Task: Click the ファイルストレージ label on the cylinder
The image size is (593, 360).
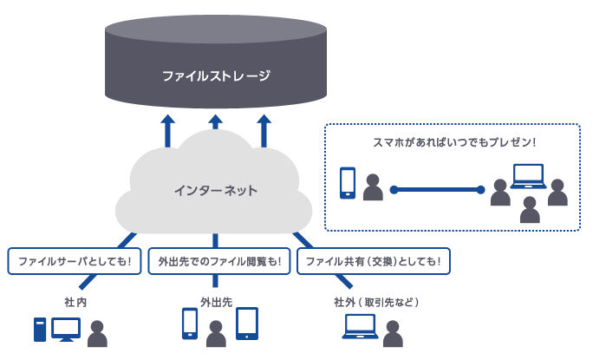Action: [217, 75]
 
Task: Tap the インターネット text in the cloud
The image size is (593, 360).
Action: [216, 190]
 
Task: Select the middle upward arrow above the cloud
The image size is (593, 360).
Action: [216, 122]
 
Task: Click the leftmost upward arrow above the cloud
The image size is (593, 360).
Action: [167, 131]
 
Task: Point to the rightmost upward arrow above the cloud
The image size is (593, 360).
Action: [264, 131]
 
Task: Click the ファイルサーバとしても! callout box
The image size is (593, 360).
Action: [75, 261]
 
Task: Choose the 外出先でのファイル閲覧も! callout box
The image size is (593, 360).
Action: [219, 261]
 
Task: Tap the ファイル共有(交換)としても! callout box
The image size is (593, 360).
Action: [374, 261]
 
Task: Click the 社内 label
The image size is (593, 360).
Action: [75, 302]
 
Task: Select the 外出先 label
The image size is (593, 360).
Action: [217, 302]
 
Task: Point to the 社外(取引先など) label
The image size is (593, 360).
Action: [376, 302]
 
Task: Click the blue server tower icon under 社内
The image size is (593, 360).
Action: [40, 330]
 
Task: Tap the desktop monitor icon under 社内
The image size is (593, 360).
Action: [66, 330]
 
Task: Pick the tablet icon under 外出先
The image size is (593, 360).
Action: [247, 324]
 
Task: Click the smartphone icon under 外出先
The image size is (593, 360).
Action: [190, 324]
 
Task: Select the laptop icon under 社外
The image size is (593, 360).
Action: [360, 326]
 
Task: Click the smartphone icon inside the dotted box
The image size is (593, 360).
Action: [348, 183]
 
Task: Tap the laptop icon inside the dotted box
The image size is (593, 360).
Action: [528, 176]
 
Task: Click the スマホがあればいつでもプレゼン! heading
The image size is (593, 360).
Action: [454, 142]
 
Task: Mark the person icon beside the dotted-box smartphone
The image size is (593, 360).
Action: [373, 187]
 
